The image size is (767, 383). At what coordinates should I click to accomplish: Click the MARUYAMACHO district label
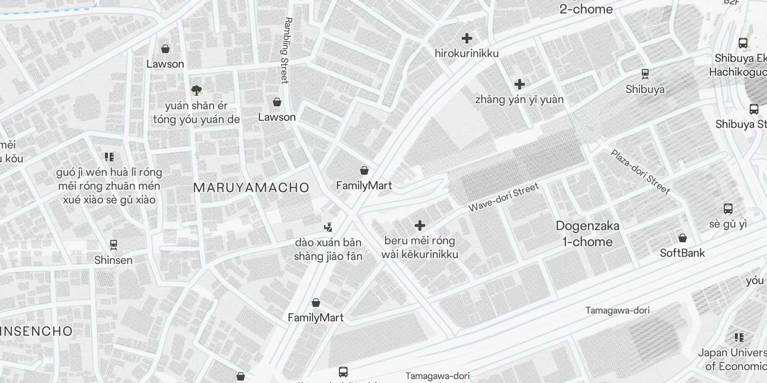(251, 188)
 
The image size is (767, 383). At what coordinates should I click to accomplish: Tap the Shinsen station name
(113, 260)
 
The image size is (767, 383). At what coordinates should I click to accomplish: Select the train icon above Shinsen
(114, 245)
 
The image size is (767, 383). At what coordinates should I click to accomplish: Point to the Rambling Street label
(286, 50)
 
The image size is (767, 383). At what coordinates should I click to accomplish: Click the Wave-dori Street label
(503, 197)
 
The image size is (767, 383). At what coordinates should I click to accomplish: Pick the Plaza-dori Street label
(640, 172)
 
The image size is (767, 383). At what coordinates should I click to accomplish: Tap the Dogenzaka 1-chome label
(587, 234)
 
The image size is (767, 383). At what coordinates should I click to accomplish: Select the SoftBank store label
(682, 253)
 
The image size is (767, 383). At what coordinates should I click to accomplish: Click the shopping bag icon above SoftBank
(683, 238)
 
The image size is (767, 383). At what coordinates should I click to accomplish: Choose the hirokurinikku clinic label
(466, 54)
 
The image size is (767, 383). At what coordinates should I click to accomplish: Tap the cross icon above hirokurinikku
(467, 38)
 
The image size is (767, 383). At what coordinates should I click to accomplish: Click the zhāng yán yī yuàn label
(519, 100)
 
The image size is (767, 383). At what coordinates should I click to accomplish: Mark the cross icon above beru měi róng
(420, 225)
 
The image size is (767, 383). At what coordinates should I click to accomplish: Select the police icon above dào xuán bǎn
(328, 227)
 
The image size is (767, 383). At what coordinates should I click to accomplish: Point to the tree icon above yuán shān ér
(196, 90)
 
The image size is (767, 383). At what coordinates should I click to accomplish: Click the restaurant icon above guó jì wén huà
(109, 157)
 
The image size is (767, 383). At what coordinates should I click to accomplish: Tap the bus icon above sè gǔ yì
(728, 209)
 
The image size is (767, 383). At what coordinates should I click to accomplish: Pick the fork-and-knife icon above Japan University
(739, 338)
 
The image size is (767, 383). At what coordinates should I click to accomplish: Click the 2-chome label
(586, 9)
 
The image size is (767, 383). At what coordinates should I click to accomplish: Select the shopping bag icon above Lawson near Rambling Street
(277, 102)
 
